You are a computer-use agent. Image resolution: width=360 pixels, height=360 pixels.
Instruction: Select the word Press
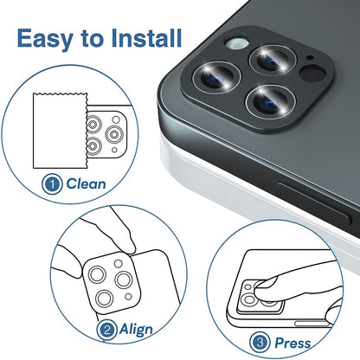[293, 344]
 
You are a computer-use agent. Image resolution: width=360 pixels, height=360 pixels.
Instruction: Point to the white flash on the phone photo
[231, 42]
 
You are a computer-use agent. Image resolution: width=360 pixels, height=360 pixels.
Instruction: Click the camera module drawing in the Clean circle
[105, 131]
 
